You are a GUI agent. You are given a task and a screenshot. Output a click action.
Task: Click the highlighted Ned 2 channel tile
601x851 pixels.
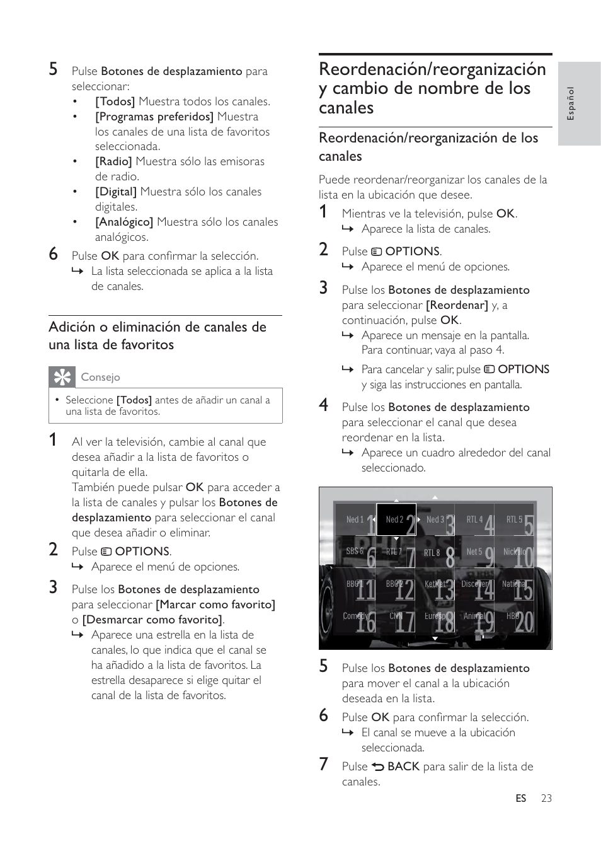[396, 519]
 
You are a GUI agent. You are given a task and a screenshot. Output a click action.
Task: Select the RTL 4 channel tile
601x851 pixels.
[475, 520]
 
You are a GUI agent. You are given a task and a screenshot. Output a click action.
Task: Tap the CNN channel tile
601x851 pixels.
[396, 616]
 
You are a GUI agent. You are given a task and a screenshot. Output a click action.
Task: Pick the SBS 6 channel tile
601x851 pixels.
[355, 552]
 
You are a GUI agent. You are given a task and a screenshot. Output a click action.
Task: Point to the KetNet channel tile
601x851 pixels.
[435, 584]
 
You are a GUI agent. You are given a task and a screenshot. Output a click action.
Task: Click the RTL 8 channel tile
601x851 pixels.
[435, 552]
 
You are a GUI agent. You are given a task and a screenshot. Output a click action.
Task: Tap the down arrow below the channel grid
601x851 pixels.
[435, 639]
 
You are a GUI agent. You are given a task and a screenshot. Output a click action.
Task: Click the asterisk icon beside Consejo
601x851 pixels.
[62, 377]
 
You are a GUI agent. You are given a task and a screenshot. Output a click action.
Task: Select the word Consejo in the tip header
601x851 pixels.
[100, 377]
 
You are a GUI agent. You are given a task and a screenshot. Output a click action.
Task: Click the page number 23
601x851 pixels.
[546, 798]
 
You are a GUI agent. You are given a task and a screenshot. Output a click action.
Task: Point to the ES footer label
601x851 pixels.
[520, 798]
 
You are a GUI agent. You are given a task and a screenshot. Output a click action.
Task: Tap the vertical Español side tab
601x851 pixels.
[571, 103]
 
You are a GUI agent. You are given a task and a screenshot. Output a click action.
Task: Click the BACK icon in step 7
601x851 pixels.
[378, 767]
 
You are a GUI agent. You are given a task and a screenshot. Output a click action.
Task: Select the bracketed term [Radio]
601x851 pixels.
[113, 161]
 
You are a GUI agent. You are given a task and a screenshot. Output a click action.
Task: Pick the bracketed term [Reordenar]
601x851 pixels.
[457, 305]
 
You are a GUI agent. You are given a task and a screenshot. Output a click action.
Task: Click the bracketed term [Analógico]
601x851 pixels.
[124, 222]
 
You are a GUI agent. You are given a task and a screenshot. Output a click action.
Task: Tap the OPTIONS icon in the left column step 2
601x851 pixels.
[106, 552]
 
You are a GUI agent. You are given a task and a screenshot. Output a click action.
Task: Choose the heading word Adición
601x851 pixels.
[72, 327]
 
